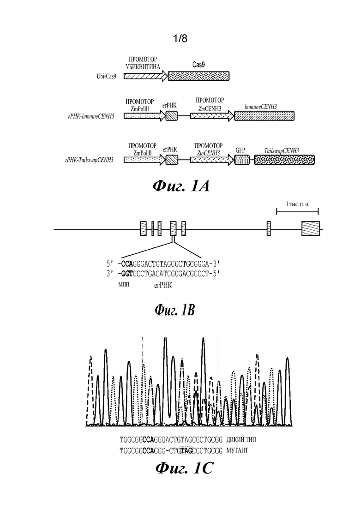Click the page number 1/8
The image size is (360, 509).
point(180,39)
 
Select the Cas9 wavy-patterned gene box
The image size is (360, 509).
point(198,76)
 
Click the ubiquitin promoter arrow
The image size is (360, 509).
point(146,76)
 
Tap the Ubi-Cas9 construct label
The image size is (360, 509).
point(106,77)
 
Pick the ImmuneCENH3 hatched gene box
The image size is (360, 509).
point(264,116)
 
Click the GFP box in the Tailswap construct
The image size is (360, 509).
point(242,160)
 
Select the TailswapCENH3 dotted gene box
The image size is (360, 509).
point(284,160)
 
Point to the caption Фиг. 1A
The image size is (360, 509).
point(181,186)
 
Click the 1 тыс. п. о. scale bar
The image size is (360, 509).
point(297,211)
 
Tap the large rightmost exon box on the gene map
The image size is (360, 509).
point(311,228)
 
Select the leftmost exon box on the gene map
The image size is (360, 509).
point(143,228)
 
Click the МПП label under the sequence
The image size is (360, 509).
point(124,285)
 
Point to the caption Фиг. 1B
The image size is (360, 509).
point(174,311)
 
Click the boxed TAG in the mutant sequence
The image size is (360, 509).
point(186,450)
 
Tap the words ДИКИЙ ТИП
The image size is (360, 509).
point(241,439)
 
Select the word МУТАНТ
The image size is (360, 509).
point(237,450)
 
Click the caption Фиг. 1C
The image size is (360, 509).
point(184,469)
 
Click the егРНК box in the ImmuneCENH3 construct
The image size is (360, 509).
point(171,116)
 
